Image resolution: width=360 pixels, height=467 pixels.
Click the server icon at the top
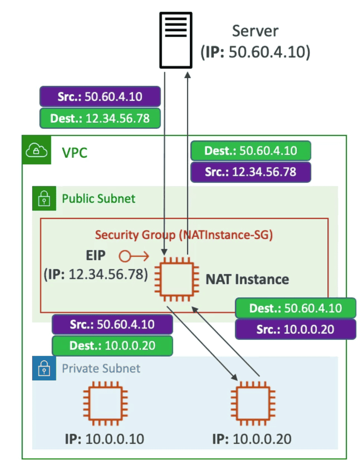coord(175,40)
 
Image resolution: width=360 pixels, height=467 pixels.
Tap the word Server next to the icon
coord(255,31)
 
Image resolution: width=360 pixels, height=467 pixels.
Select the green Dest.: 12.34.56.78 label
coord(100,118)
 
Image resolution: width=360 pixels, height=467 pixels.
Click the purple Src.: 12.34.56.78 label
coord(250,172)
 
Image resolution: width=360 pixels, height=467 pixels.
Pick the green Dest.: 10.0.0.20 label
coord(112,346)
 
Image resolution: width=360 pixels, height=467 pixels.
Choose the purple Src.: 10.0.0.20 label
coord(295,329)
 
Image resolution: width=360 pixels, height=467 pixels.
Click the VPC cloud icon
coord(37,150)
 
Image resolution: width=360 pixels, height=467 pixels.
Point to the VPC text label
coord(75,153)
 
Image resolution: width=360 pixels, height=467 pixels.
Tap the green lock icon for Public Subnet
coord(44,198)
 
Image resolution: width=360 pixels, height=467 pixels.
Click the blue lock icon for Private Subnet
coord(44,368)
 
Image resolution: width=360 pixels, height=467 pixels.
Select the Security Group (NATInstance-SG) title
coord(184,235)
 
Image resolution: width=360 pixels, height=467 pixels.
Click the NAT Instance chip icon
coord(177,279)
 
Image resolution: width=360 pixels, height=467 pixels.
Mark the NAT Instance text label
coord(247,279)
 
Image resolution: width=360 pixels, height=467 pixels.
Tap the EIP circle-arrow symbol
coord(134,256)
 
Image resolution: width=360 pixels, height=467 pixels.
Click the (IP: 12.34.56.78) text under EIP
coord(96,274)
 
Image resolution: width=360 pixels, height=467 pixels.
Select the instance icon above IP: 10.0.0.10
coord(105,404)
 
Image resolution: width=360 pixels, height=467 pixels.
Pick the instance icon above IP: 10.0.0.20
coord(253,404)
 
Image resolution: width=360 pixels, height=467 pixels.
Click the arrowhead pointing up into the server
coord(188,75)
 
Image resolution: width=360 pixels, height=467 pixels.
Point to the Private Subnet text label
coord(101,369)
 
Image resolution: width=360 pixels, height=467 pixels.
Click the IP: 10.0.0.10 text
coord(104,439)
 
